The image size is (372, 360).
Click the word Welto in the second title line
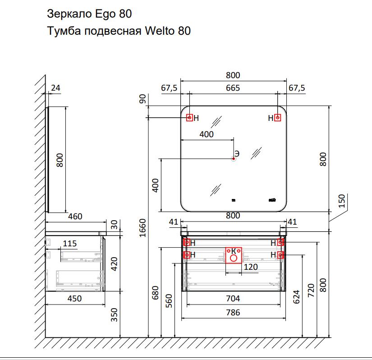(x=160, y=31)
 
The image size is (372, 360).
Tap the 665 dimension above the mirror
(x=233, y=88)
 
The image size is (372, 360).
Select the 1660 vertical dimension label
(x=142, y=228)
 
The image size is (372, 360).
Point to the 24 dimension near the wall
(x=55, y=88)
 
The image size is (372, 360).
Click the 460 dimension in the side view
(x=75, y=217)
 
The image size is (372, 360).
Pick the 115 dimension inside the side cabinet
(x=70, y=244)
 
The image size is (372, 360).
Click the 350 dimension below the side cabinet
(x=115, y=315)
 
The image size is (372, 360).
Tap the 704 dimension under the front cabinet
(x=233, y=299)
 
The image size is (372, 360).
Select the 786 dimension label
(x=233, y=313)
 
